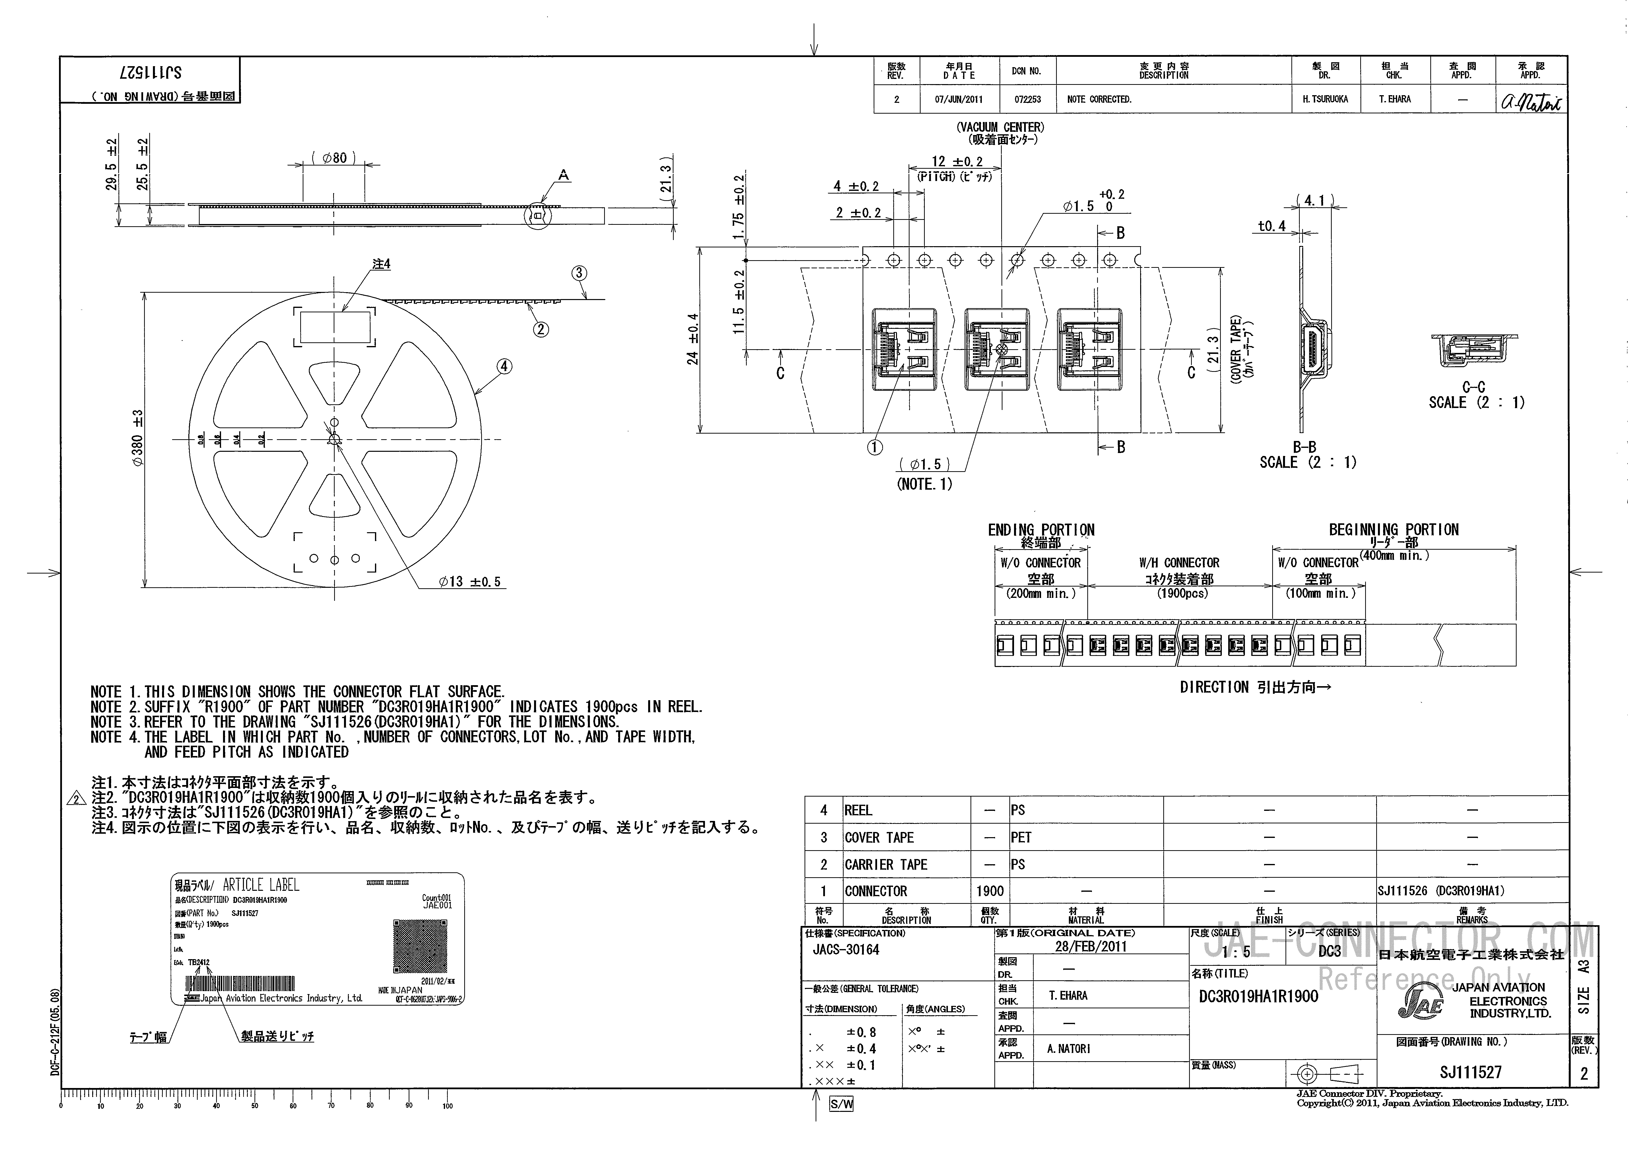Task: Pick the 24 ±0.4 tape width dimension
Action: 693,339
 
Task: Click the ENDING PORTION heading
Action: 1041,530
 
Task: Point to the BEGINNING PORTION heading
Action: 1393,530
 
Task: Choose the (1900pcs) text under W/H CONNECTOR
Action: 1182,593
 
